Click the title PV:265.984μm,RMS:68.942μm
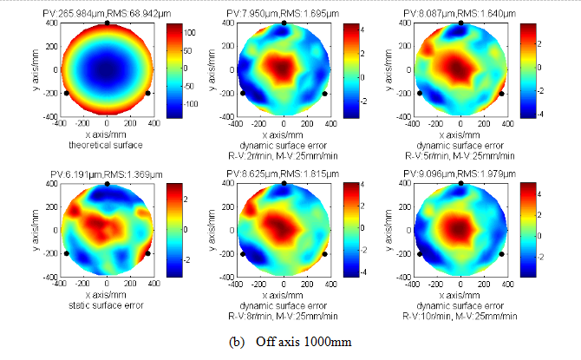point(107,15)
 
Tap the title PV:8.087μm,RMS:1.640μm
point(460,15)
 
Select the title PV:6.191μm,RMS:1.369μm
point(107,175)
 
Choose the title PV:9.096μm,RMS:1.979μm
point(460,175)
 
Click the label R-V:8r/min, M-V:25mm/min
point(284,317)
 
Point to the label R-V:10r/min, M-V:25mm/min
point(460,317)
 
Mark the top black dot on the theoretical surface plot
point(107,23)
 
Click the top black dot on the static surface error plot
point(107,184)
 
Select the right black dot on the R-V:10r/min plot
point(501,254)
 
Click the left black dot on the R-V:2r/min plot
point(243,94)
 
